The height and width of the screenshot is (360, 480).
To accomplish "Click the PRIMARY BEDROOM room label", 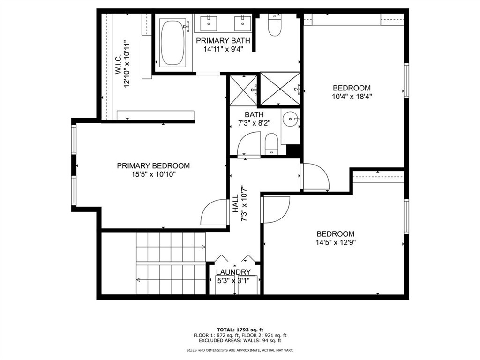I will click(153, 165).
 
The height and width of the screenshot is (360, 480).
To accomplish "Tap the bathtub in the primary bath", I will click(172, 43).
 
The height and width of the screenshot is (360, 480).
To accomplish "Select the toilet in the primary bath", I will click(274, 26).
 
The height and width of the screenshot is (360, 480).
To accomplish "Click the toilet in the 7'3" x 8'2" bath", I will click(271, 144).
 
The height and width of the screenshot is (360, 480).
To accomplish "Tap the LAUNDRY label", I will click(233, 272).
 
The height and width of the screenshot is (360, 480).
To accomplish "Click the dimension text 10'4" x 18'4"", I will click(352, 97).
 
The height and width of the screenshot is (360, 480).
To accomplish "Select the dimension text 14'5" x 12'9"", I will click(335, 243).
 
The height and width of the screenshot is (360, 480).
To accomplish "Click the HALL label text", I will click(236, 204).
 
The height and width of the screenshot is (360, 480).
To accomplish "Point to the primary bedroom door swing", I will click(215, 212).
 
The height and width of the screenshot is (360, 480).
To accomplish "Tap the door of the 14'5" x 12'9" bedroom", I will click(276, 209).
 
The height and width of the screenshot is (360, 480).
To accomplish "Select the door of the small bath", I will click(249, 144).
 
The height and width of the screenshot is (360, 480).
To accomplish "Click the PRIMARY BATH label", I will click(223, 40).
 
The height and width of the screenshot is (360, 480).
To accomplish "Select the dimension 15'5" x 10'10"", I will click(153, 174).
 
